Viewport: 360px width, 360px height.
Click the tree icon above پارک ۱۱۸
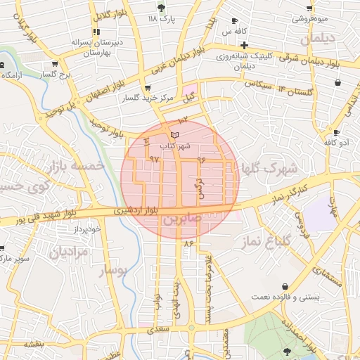click(162, 8)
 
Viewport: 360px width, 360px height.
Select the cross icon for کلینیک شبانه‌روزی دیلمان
click(243, 45)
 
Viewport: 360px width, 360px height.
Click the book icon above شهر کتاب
click(175, 134)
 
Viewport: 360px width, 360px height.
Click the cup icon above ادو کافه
click(337, 132)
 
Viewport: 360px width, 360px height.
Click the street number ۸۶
click(188, 243)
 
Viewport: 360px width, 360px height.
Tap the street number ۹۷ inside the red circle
click(155, 160)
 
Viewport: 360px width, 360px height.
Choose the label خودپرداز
click(89, 229)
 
